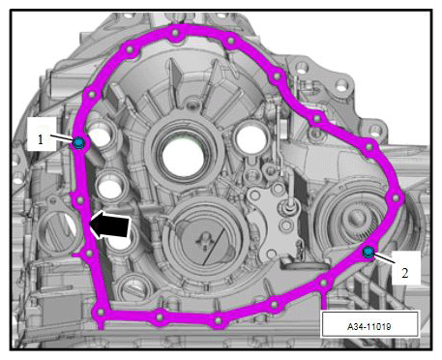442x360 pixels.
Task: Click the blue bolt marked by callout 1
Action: click(78, 143)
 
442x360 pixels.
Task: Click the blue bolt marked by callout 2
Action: click(368, 253)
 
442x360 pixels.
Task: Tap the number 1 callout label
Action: click(41, 139)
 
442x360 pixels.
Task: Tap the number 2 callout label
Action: click(405, 273)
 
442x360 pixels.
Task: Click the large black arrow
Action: click(109, 225)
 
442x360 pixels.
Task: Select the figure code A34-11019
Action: click(368, 326)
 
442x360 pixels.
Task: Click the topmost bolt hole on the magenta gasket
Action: click(175, 33)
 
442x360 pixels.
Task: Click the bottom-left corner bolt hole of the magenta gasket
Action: click(101, 313)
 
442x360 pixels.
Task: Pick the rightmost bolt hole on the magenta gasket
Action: click(396, 197)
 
